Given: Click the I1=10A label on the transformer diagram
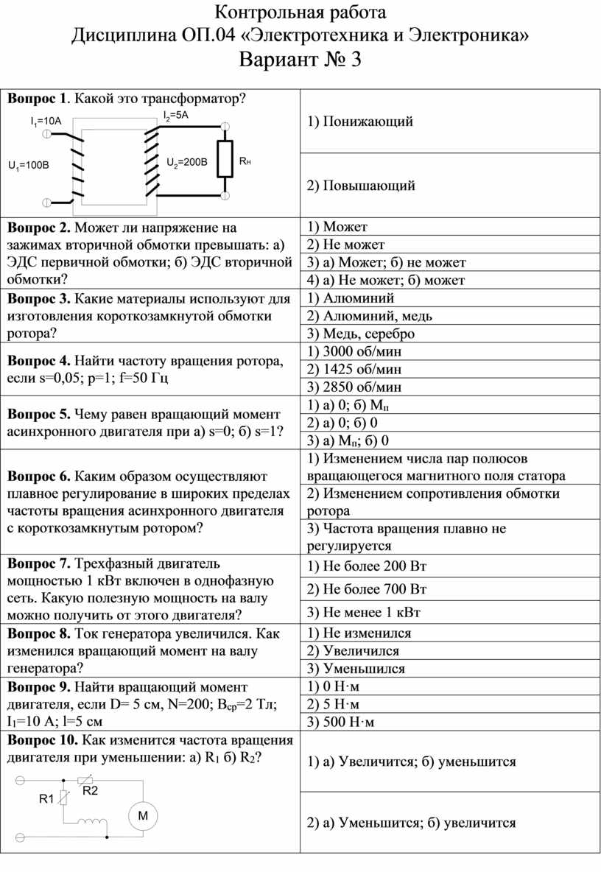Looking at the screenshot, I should tap(46, 120).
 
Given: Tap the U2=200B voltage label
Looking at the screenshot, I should tap(187, 162).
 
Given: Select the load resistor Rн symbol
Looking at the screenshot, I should tap(225, 159).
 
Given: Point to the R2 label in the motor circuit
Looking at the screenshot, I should tap(90, 790).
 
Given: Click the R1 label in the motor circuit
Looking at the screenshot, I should tap(46, 798).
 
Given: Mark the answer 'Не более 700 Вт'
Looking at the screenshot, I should tap(367, 589).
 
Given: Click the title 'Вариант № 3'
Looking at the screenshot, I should tap(300, 60).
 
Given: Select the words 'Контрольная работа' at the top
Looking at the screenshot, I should tap(300, 13).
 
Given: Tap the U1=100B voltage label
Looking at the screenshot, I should tap(28, 166).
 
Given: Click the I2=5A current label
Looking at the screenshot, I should tap(176, 115).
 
